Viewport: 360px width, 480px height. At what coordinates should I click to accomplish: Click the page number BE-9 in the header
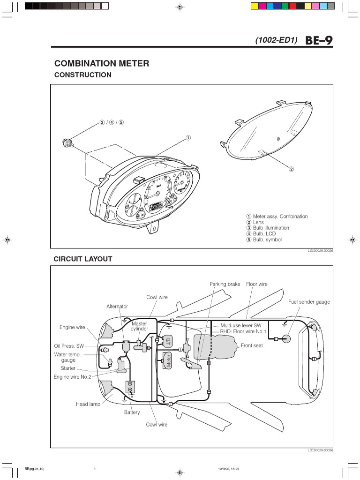319,40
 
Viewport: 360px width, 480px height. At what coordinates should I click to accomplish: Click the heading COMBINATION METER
102,63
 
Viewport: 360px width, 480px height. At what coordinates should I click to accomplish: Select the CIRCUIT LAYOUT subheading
82,259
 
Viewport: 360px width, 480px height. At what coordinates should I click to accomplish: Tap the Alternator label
117,307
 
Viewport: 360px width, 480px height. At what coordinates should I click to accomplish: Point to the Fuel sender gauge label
309,302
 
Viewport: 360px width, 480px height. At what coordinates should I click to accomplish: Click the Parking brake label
225,284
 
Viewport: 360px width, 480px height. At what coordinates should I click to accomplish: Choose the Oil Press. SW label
69,346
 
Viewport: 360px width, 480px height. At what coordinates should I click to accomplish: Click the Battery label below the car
132,412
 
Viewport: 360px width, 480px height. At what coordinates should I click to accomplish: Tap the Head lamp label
88,404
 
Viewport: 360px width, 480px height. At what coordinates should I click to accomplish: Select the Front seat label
252,345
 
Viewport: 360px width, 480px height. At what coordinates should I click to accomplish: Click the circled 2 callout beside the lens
291,169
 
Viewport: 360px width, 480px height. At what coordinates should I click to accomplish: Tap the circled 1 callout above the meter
187,138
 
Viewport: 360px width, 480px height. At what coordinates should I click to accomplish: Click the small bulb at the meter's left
67,142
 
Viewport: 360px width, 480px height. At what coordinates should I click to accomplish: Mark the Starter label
68,368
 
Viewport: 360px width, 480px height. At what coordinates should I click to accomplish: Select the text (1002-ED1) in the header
277,41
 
